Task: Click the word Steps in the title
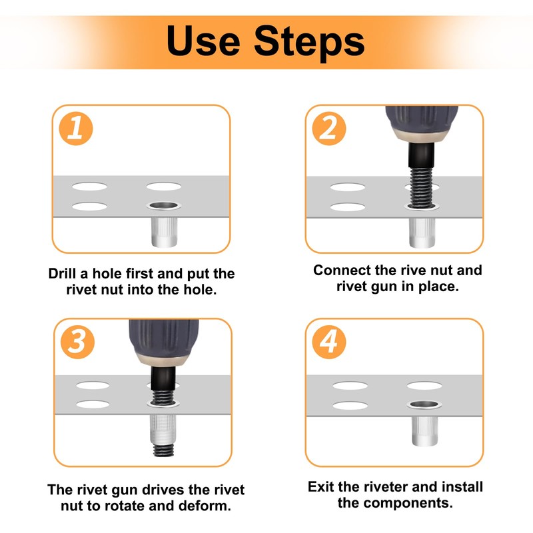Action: [309, 43]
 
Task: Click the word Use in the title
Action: [203, 41]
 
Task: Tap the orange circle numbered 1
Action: [76, 129]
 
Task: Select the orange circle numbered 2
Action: [328, 129]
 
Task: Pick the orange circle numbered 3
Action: [77, 342]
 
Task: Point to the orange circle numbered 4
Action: [328, 342]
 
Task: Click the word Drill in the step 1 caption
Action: [63, 274]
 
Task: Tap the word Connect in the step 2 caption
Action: [342, 270]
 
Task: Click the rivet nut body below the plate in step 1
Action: [164, 232]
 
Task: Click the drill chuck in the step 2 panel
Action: [422, 124]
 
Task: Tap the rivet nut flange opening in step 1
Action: [164, 205]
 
